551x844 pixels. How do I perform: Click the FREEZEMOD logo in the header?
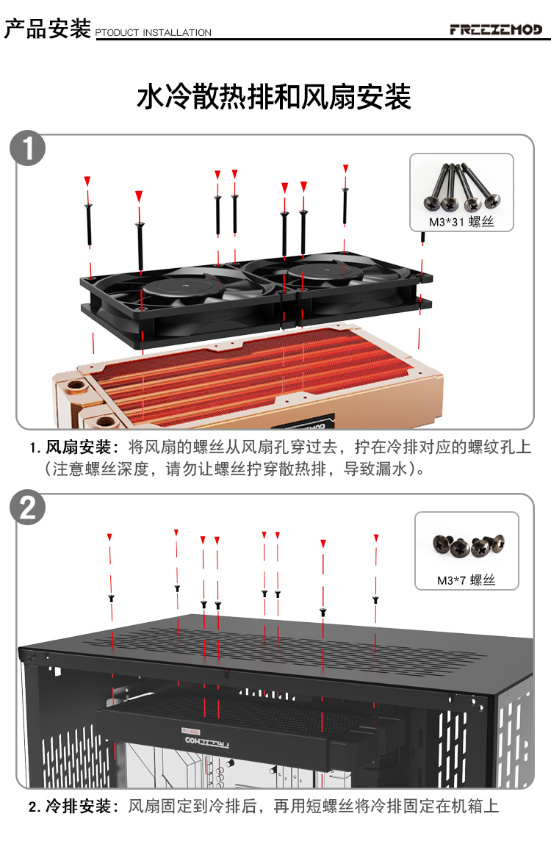[x=496, y=29]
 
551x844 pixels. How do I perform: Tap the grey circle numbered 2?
[x=27, y=508]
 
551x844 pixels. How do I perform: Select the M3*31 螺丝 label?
[x=461, y=223]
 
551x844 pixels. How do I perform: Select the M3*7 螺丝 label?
[x=467, y=580]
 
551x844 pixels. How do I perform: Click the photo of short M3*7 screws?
[x=467, y=546]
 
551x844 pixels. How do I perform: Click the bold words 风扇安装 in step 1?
[x=78, y=447]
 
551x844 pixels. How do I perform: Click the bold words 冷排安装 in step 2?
[x=78, y=807]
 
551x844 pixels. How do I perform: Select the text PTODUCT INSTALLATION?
[x=153, y=33]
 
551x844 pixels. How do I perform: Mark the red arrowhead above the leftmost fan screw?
[x=87, y=181]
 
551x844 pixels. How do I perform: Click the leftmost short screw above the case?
[x=110, y=598]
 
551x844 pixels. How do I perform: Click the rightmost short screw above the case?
[x=375, y=599]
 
